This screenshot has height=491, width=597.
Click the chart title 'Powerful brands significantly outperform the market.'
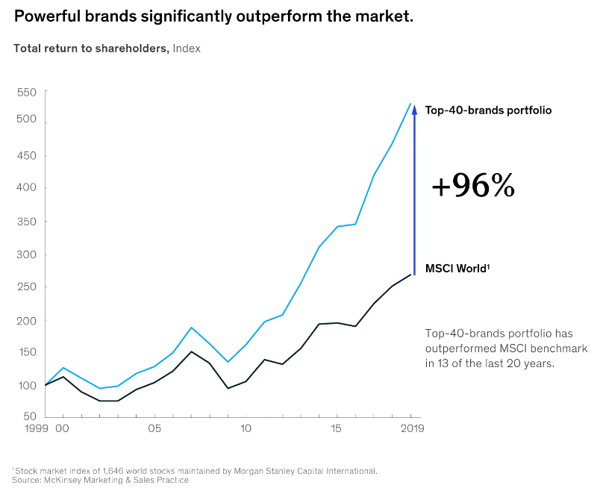coord(213,16)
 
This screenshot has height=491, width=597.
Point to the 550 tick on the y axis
coord(27,92)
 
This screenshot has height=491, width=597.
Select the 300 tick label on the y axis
coord(27,254)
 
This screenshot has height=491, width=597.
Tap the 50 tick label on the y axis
coord(30,416)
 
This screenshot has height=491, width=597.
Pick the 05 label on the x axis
coord(154,429)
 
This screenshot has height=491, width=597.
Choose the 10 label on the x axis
coord(246,429)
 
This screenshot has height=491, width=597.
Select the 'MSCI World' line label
coord(457,268)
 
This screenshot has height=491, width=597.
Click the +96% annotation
coord(473,187)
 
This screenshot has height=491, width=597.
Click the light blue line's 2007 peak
coord(191,328)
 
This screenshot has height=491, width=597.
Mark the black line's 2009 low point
coord(228,388)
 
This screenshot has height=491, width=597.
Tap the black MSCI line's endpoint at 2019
coord(411,275)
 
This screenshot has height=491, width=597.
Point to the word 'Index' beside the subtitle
coord(187,49)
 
